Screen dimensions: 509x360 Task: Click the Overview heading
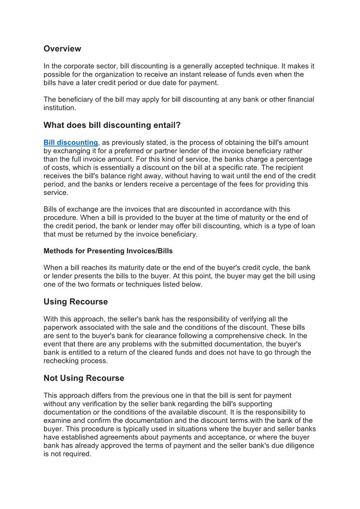pyautogui.click(x=62, y=48)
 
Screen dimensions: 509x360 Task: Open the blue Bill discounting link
pyautogui.click(x=70, y=143)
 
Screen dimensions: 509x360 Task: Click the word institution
pyautogui.click(x=60, y=108)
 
